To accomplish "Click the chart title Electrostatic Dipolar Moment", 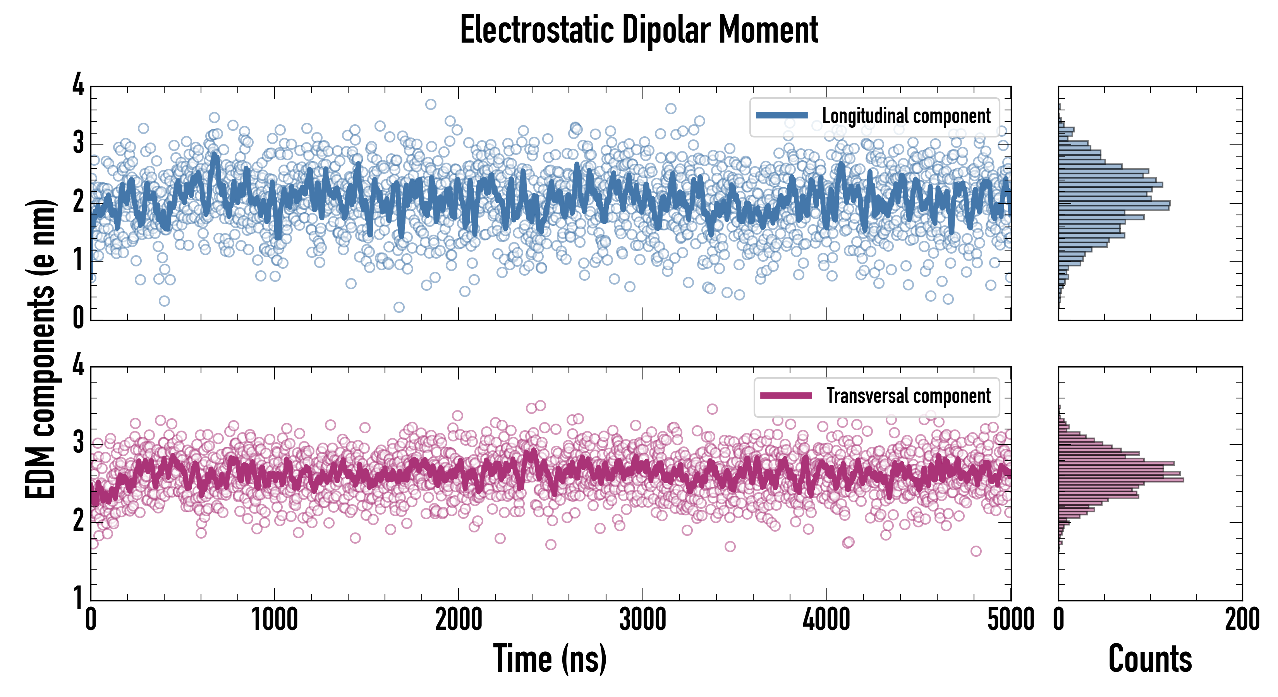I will (639, 30).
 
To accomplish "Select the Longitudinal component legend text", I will (906, 116).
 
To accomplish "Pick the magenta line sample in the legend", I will (785, 395).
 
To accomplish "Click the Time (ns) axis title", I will (550, 658).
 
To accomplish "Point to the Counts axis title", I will (1150, 658).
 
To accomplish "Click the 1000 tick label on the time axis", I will (274, 620).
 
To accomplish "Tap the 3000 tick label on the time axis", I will (642, 620).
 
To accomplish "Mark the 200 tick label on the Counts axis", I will (1242, 620).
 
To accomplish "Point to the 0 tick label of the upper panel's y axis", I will (78, 318).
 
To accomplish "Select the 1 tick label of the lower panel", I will (78, 598).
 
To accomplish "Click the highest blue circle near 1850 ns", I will (431, 104).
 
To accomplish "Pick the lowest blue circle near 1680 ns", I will (399, 307).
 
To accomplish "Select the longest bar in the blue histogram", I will (1114, 203).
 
